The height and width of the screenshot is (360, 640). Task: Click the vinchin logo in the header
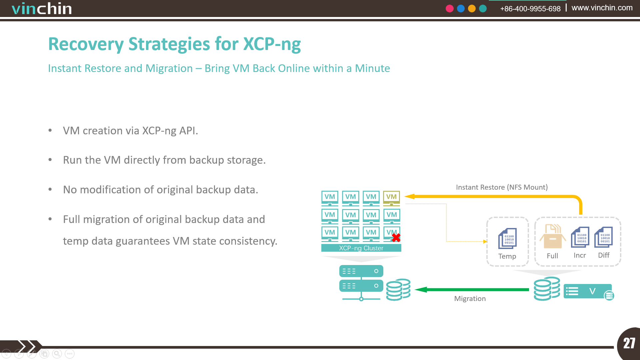coord(42,9)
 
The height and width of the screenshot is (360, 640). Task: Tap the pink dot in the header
coord(450,9)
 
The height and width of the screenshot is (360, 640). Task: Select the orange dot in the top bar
coord(472,9)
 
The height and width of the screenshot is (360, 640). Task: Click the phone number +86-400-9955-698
coord(530,9)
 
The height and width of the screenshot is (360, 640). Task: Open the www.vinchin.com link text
coord(602,8)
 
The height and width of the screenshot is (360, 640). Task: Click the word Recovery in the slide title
coord(86,44)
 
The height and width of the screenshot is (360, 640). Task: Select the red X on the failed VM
coord(396,238)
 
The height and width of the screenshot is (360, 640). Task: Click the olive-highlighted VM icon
coord(391,198)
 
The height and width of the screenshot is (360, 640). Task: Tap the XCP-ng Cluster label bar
coord(361,248)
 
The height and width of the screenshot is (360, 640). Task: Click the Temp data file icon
coord(507,238)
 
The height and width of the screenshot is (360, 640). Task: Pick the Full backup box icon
coord(552,236)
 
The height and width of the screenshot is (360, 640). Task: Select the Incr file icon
coord(580,237)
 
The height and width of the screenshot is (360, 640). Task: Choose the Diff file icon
coord(603,237)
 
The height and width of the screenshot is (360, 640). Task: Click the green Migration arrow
coord(472,290)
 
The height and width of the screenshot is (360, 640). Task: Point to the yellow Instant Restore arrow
coord(520,196)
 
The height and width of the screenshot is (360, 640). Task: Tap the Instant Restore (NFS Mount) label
coord(502,187)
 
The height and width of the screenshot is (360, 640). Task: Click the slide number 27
coord(629,343)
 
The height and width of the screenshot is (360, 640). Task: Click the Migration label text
coord(470,299)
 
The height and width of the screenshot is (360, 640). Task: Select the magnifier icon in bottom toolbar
coord(57,354)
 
